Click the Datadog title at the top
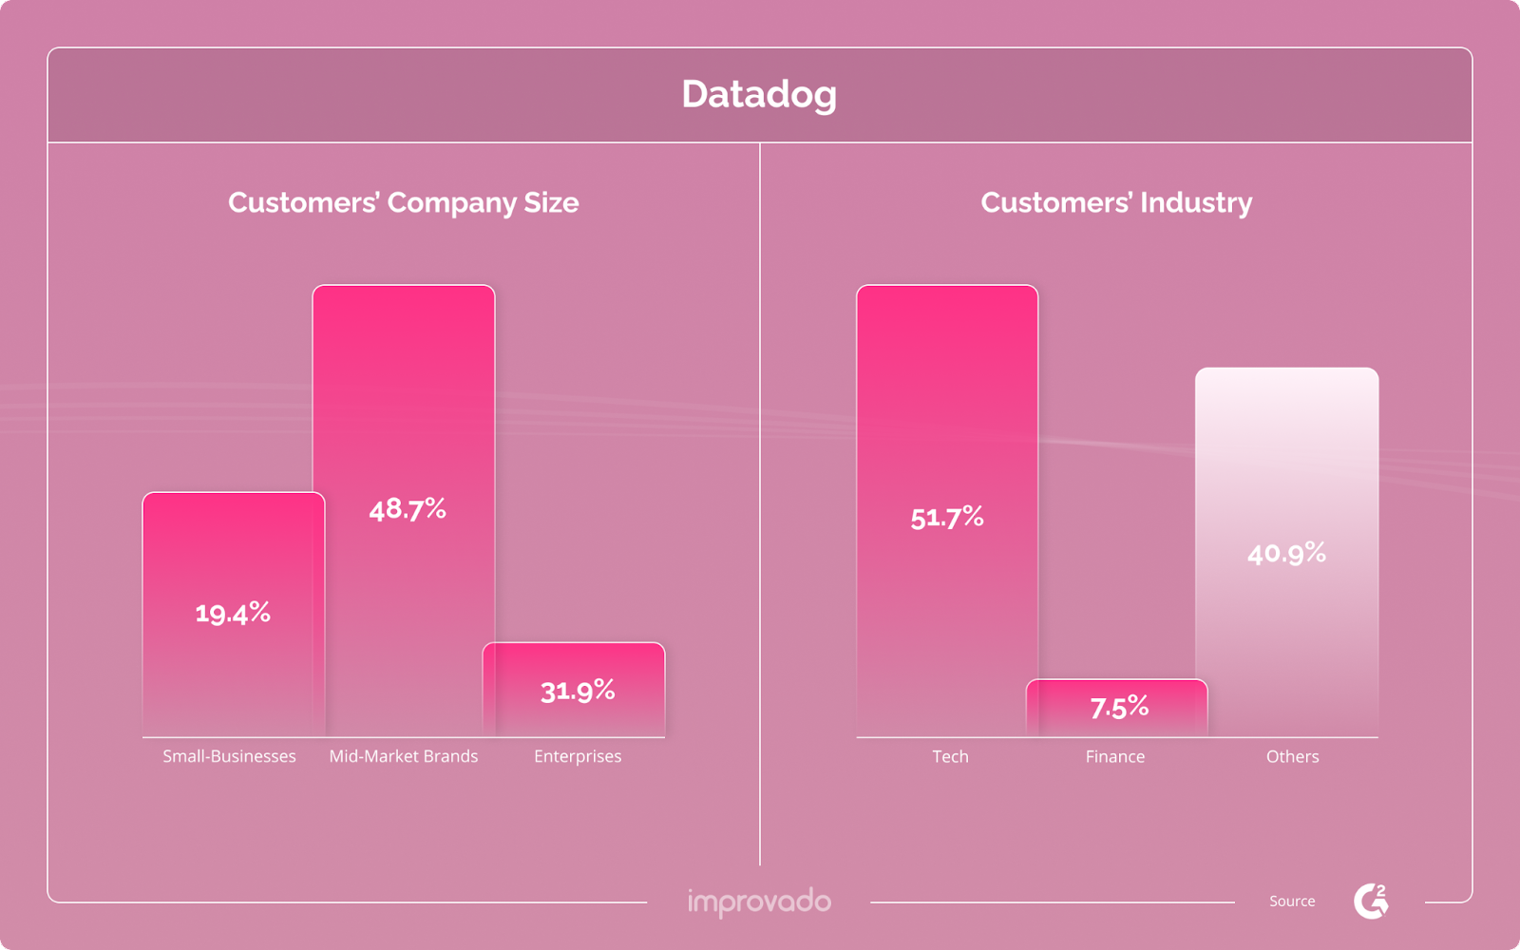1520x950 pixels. [x=759, y=94]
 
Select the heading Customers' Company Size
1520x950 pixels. [x=403, y=202]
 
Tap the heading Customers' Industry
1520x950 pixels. [x=1116, y=202]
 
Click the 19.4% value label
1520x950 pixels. [x=233, y=613]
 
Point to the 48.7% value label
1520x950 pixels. [x=408, y=509]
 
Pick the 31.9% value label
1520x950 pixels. [x=578, y=691]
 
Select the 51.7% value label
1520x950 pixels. [x=947, y=518]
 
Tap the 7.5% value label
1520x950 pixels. [x=1119, y=708]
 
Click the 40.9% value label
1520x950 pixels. [x=1286, y=553]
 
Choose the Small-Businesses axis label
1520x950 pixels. [x=229, y=756]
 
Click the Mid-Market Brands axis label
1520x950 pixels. [x=404, y=756]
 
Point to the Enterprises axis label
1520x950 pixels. [x=578, y=756]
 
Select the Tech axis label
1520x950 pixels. [x=950, y=756]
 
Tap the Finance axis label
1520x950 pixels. [x=1115, y=756]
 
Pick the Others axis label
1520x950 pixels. [x=1292, y=756]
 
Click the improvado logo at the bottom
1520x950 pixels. [x=759, y=902]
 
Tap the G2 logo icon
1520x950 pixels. [x=1371, y=901]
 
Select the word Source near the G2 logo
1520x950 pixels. [x=1292, y=901]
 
